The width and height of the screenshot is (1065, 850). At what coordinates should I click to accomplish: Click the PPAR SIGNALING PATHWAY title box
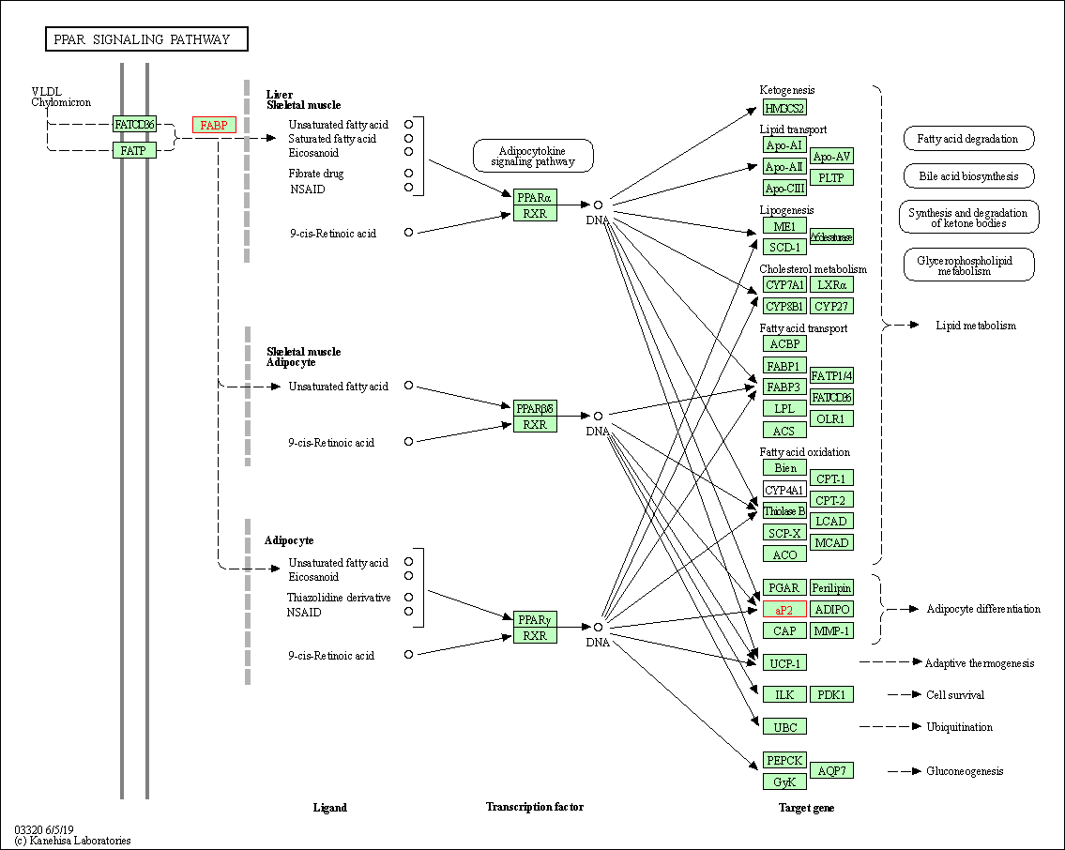[x=147, y=39]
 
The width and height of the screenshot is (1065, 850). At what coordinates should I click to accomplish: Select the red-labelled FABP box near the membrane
[x=214, y=125]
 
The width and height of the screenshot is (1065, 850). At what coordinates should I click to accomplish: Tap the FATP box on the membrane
[x=134, y=150]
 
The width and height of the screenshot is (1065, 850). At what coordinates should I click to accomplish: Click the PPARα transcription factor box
[x=535, y=197]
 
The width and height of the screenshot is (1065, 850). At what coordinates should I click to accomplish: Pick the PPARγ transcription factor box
[x=535, y=619]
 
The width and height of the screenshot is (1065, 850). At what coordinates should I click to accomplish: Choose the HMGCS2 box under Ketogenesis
[x=784, y=108]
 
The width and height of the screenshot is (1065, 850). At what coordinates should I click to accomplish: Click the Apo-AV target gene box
[x=831, y=156]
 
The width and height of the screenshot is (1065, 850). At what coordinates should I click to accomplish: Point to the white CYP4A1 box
[x=784, y=490]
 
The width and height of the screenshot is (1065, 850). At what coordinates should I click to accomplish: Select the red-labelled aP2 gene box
[x=784, y=610]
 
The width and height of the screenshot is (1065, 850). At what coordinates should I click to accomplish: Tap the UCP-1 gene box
[x=784, y=663]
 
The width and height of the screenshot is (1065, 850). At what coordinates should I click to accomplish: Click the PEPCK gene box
[x=784, y=760]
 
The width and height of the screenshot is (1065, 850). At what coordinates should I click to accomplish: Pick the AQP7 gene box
[x=831, y=771]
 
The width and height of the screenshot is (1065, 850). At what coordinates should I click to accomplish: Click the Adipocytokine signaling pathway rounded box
[x=533, y=156]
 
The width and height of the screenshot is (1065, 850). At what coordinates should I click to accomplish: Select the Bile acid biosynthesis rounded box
[x=969, y=175]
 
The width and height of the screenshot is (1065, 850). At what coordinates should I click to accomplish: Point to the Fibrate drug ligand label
[x=316, y=174]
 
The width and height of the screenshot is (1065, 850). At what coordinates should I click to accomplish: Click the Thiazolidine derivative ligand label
[x=339, y=598]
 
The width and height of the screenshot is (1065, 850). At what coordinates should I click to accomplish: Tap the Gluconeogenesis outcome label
[x=965, y=771]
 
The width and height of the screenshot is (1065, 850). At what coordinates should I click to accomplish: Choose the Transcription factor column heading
[x=535, y=807]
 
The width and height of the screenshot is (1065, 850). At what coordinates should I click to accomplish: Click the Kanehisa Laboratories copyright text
[x=72, y=841]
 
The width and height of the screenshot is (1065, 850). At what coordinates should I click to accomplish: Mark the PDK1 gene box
[x=831, y=695]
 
